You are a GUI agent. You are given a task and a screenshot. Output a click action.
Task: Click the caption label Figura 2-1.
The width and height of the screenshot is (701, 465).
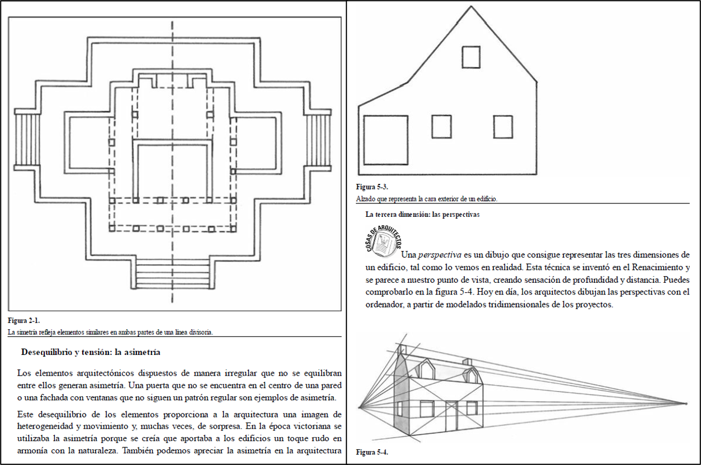click(x=23, y=321)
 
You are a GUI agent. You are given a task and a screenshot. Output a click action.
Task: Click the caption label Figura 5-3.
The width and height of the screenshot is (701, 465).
click(x=372, y=187)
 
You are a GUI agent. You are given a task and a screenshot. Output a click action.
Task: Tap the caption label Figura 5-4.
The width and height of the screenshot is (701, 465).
click(x=372, y=452)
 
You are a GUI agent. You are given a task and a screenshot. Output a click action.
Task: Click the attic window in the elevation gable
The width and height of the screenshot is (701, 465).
click(x=471, y=57)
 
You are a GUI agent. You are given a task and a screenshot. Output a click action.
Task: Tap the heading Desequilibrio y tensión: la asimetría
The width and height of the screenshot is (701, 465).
click(x=91, y=353)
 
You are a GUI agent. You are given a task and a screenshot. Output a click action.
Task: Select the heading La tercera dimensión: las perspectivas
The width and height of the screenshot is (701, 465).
click(x=422, y=214)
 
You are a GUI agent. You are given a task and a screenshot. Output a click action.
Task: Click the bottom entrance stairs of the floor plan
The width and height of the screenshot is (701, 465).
click(x=173, y=274)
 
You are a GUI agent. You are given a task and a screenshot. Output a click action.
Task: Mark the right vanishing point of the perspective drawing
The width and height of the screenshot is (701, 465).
click(x=686, y=403)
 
